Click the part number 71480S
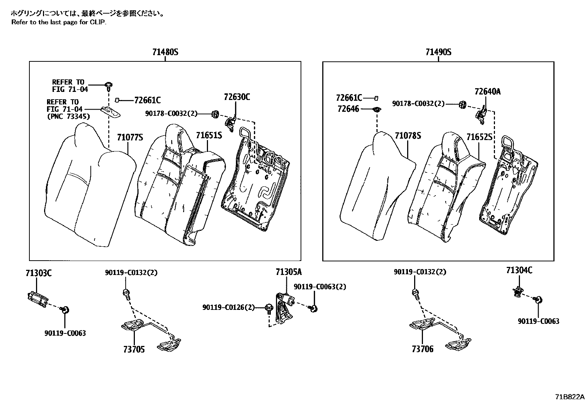[165, 52]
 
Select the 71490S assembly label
[438, 52]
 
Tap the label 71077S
[130, 137]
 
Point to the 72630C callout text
[237, 97]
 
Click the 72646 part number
[348, 109]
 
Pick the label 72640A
[487, 92]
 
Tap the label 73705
[134, 349]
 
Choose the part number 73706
[423, 349]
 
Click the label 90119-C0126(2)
[228, 307]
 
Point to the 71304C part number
[519, 271]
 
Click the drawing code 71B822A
[569, 397]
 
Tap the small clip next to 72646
[376, 109]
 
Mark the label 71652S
[479, 137]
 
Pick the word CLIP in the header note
[98, 22]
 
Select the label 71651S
[209, 135]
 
